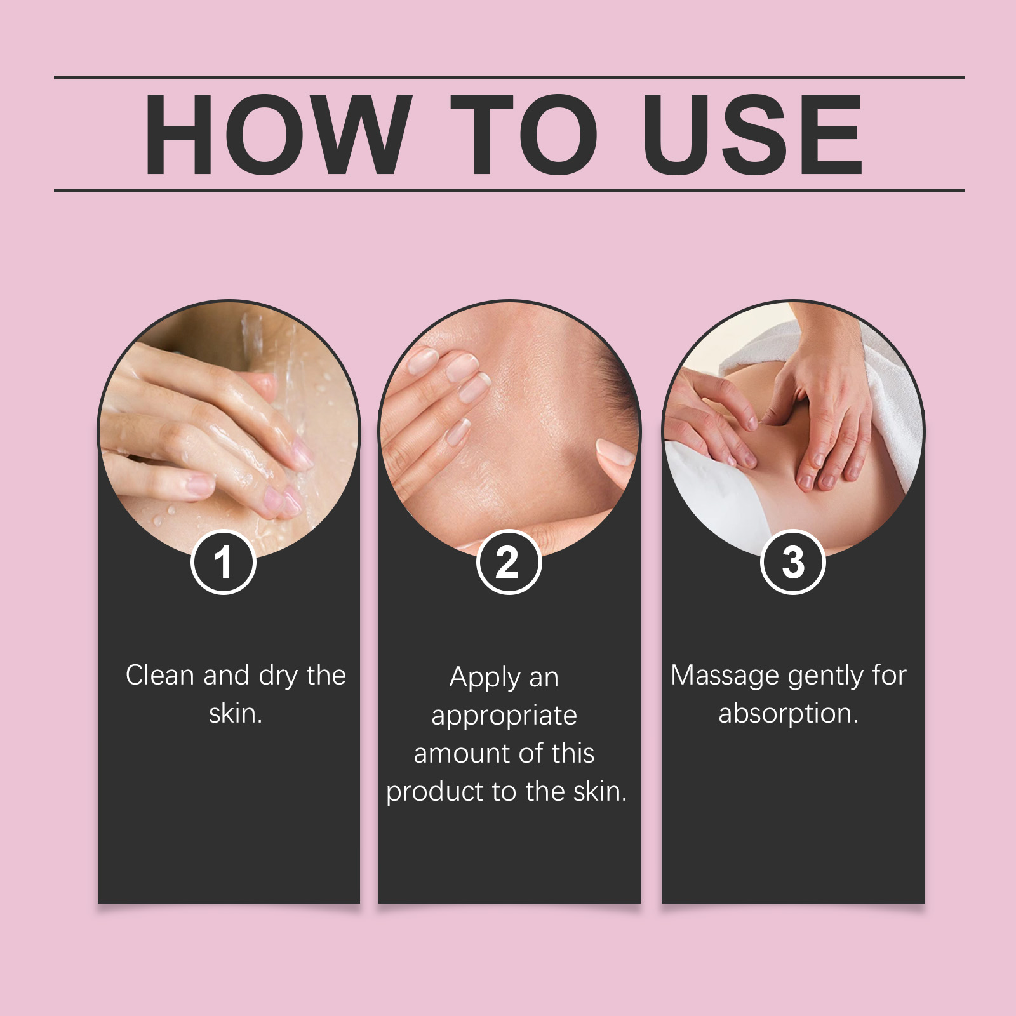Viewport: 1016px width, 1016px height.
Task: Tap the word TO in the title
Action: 525,135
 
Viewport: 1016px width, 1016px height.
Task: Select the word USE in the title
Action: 753,135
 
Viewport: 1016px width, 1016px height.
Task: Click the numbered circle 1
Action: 223,562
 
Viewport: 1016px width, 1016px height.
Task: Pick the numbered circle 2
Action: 508,562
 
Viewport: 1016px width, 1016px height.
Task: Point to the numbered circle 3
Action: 792,562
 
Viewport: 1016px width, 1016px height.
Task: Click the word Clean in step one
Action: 161,675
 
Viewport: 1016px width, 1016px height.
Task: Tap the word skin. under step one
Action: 236,713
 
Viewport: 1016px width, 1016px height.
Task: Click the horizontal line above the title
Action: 509,77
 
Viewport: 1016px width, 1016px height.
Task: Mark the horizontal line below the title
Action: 509,190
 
